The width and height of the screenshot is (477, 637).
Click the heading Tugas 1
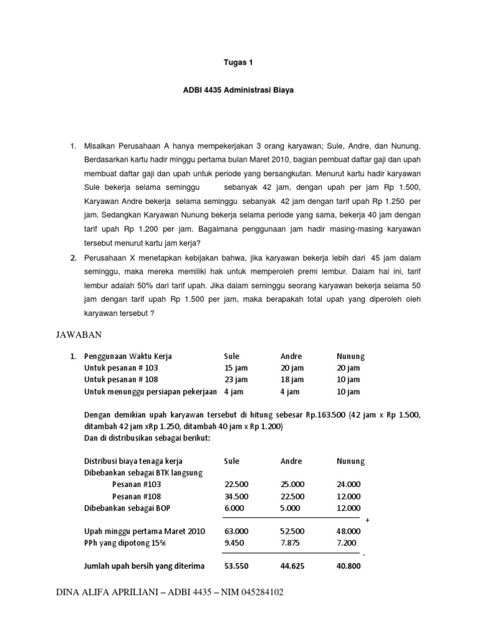(x=238, y=63)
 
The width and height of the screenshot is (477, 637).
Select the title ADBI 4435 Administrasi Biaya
(x=238, y=90)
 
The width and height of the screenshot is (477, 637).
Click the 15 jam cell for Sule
(x=235, y=368)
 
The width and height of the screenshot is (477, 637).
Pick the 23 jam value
(x=235, y=379)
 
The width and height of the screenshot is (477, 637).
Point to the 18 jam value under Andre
(x=292, y=379)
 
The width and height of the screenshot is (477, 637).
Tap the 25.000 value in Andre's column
(x=293, y=485)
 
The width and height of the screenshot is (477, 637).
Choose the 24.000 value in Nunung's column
(x=348, y=485)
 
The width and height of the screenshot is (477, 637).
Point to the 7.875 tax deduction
(x=290, y=543)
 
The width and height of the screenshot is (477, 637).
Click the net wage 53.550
(x=236, y=566)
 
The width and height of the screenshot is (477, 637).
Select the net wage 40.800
(x=348, y=566)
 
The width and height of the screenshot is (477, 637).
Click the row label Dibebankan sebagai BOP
(x=126, y=508)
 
